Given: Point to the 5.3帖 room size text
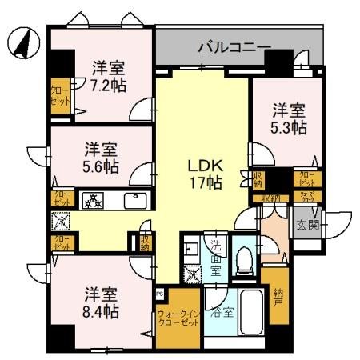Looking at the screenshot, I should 289,126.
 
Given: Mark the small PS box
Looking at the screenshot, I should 159,293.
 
